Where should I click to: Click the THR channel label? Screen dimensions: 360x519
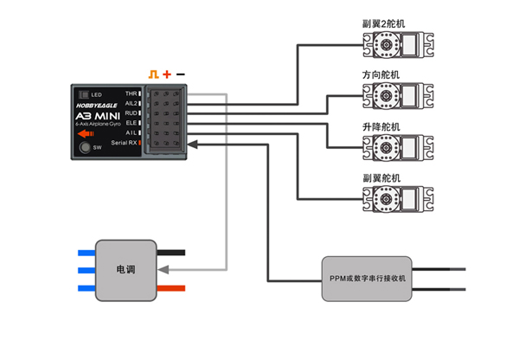131,93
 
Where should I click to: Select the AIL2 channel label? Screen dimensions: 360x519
131,102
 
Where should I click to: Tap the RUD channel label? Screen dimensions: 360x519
131,112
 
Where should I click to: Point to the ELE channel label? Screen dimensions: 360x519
131,122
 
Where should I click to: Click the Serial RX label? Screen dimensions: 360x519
125,142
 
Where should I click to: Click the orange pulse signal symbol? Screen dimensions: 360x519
154,75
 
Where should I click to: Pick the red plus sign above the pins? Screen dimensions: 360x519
167,75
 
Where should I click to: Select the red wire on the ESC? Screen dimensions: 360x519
171,287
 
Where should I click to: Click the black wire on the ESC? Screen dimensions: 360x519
171,253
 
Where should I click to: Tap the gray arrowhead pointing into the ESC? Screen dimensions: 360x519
162,270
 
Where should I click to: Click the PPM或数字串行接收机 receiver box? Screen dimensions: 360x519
368,278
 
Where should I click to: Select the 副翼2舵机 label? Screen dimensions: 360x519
381,23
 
